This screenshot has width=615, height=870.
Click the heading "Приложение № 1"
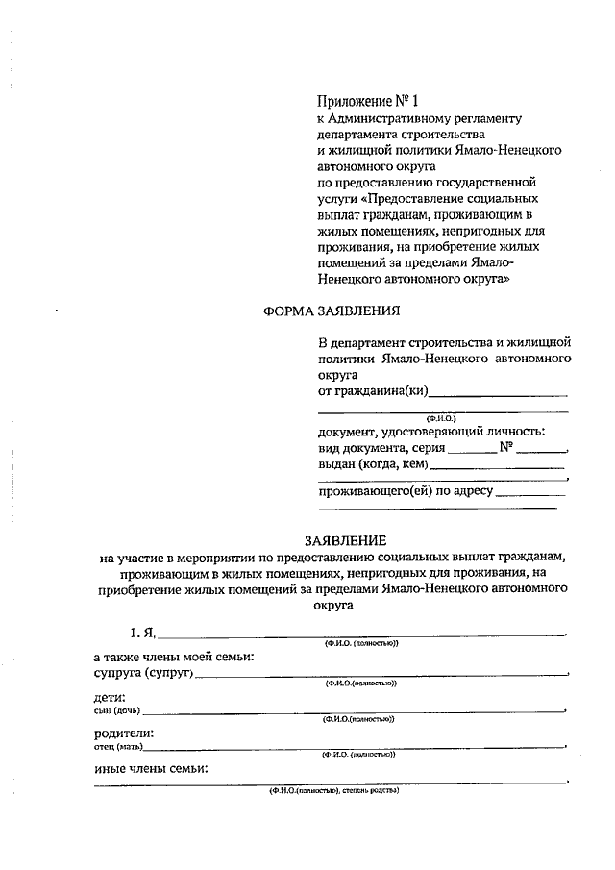pyautogui.click(x=368, y=101)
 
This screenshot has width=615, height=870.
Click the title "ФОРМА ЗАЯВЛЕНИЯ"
pyautogui.click(x=331, y=311)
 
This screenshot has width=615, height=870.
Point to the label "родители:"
pyautogui.click(x=123, y=733)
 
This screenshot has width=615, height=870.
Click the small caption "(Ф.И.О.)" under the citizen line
pyautogui.click(x=440, y=418)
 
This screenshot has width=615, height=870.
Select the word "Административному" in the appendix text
pyautogui.click(x=414, y=119)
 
